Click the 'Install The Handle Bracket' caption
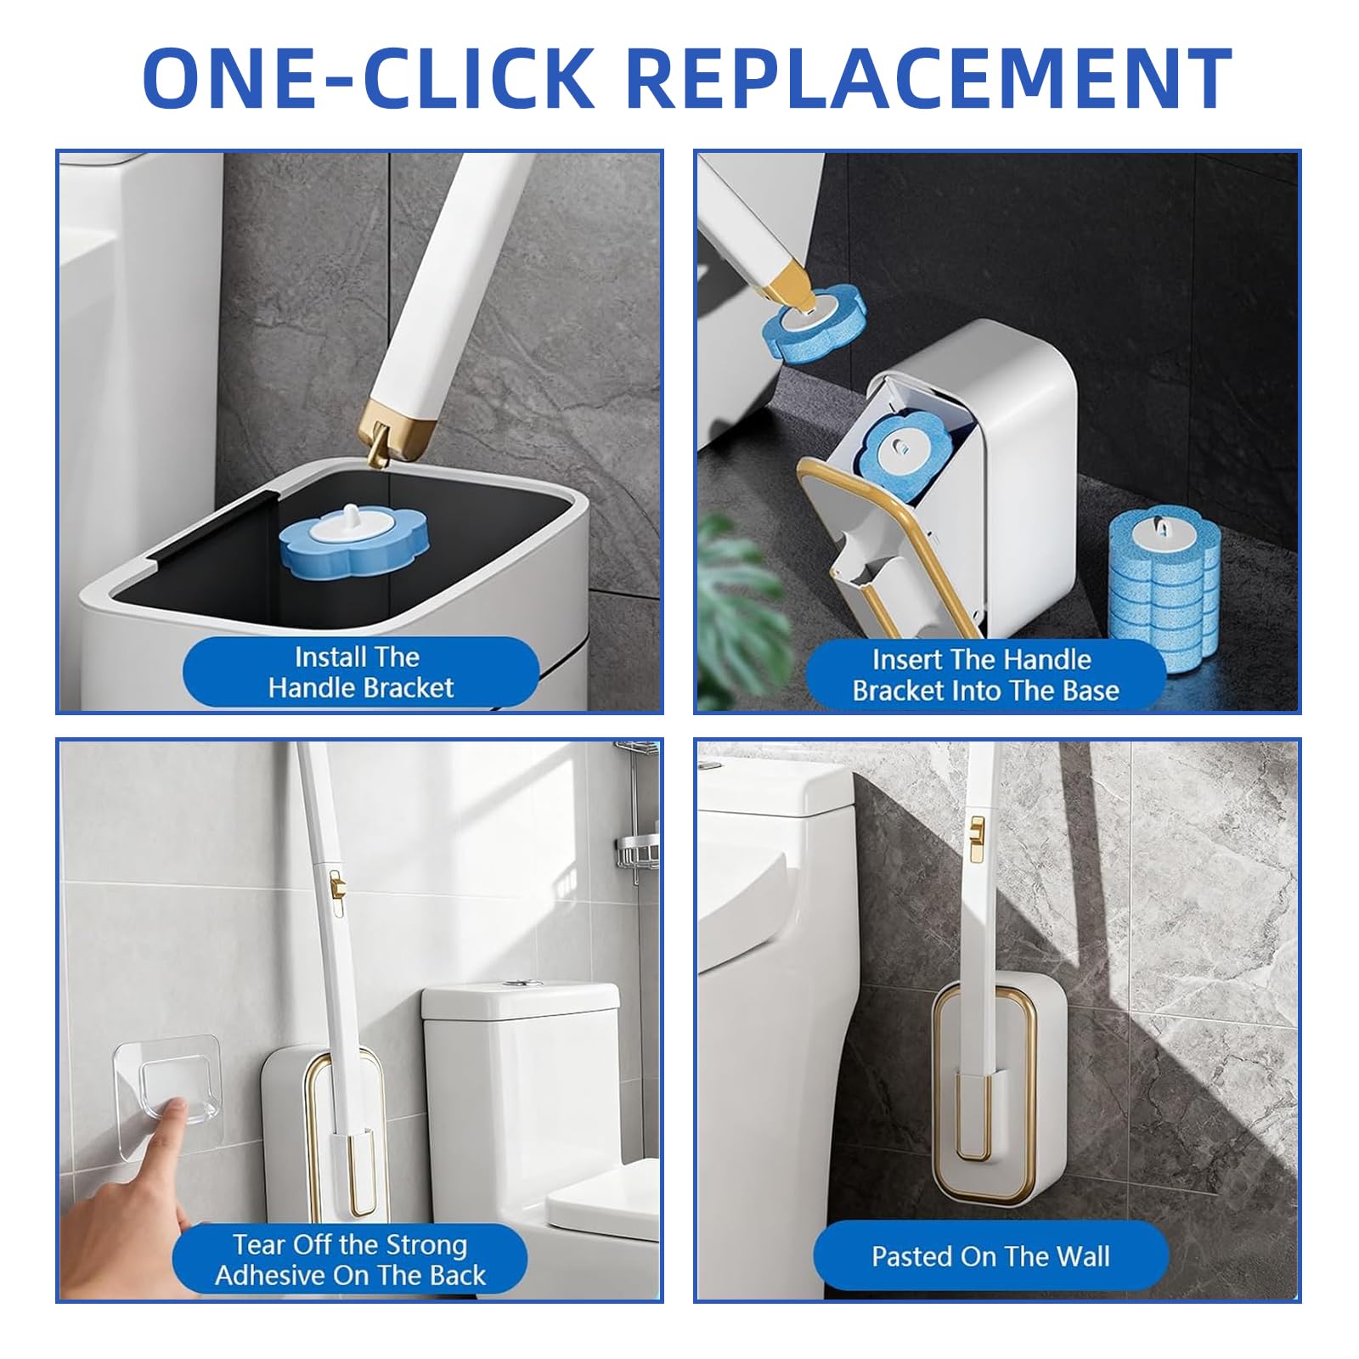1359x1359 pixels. point(360,672)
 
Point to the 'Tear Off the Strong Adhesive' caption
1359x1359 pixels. point(350,1260)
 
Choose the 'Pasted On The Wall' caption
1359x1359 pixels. point(990,1256)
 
